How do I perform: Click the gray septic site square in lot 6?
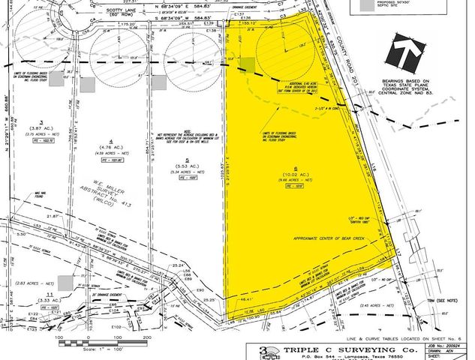tap(247, 65)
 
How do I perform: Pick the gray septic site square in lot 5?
tap(158, 82)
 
